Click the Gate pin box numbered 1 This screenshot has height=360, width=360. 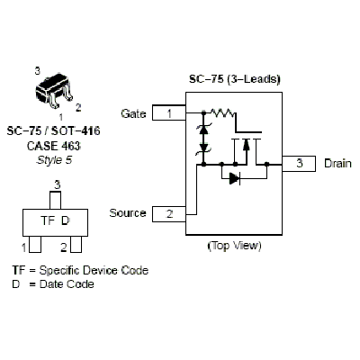click(x=169, y=112)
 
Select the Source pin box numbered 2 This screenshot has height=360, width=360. click(x=169, y=214)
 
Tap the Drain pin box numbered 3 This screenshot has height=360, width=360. click(x=299, y=164)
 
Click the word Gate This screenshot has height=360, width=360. click(x=133, y=113)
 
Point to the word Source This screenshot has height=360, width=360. click(x=128, y=213)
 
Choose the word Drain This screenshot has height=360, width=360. click(x=337, y=164)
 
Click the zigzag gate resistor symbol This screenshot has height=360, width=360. click(x=222, y=112)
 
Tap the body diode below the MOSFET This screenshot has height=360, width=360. click(x=235, y=178)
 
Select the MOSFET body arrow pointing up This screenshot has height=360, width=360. click(x=246, y=145)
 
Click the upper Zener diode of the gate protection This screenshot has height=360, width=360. click(x=203, y=130)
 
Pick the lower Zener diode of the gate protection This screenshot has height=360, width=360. click(x=203, y=148)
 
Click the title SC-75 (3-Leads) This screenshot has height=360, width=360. click(x=235, y=79)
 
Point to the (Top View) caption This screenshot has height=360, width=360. click(x=234, y=246)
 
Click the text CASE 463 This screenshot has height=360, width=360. click(x=54, y=146)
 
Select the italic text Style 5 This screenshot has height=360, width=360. click(x=54, y=160)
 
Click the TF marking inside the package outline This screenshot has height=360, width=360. click(x=48, y=220)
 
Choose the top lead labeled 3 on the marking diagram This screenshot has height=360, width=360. click(x=55, y=200)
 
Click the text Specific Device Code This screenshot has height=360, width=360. click(x=94, y=270)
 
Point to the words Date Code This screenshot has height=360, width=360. click(x=67, y=283)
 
